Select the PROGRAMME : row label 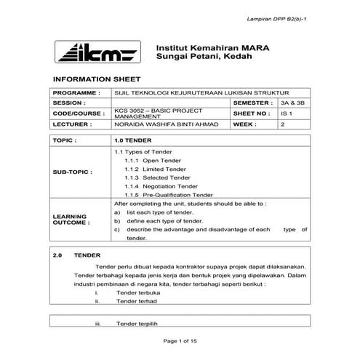(76, 94)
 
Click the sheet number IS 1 (286, 114)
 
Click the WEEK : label (247, 124)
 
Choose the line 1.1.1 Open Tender (146, 160)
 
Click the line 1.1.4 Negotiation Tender (156, 186)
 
